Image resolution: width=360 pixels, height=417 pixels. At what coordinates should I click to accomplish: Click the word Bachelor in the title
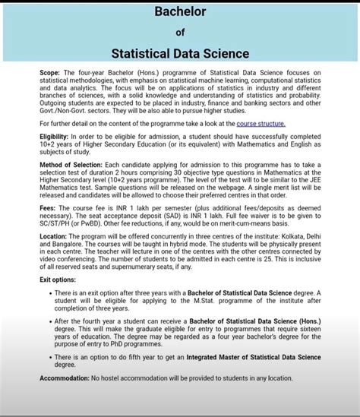(180, 11)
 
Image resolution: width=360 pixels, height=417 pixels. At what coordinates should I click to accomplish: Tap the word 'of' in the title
(180, 32)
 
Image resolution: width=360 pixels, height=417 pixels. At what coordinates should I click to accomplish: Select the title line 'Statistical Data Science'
(180, 54)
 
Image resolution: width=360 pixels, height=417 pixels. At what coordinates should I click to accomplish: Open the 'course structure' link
(261, 123)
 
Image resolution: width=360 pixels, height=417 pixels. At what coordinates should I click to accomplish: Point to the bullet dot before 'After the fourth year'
(50, 322)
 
